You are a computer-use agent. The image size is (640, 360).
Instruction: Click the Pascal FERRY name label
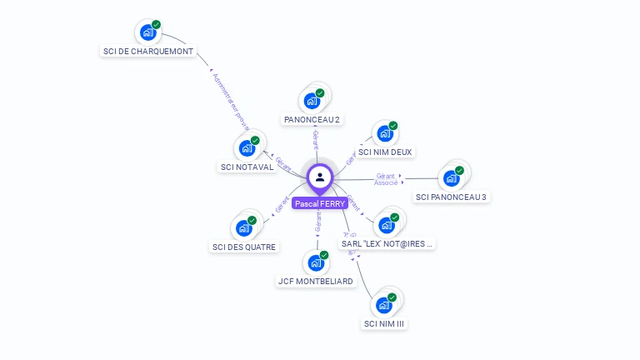click(319, 203)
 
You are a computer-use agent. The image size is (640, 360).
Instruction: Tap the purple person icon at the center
click(320, 177)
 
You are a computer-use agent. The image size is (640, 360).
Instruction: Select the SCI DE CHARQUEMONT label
click(148, 51)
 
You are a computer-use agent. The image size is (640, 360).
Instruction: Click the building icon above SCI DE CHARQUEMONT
click(148, 32)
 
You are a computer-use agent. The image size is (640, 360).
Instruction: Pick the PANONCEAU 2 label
click(312, 120)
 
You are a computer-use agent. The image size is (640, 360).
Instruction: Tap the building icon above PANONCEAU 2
click(312, 101)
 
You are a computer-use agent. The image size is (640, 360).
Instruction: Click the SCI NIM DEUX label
click(385, 152)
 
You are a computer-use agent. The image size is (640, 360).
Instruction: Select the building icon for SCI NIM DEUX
click(384, 133)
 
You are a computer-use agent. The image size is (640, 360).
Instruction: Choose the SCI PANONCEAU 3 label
click(451, 197)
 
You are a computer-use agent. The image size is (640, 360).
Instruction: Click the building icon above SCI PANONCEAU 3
click(452, 177)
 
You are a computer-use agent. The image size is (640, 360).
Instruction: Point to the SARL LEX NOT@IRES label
click(387, 243)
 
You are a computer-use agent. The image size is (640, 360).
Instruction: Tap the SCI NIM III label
click(385, 323)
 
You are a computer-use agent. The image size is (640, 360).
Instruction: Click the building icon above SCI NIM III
click(384, 304)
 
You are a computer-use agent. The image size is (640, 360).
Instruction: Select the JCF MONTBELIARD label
click(316, 281)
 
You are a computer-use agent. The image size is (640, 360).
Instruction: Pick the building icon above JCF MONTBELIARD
click(316, 262)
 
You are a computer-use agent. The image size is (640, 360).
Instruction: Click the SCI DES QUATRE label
click(244, 247)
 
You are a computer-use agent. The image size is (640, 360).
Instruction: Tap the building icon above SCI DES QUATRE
click(244, 227)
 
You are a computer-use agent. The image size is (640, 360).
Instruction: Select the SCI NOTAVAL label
click(247, 167)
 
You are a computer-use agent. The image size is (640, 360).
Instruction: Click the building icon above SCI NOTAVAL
click(247, 148)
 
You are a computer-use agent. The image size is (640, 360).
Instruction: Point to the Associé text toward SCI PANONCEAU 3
click(386, 182)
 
